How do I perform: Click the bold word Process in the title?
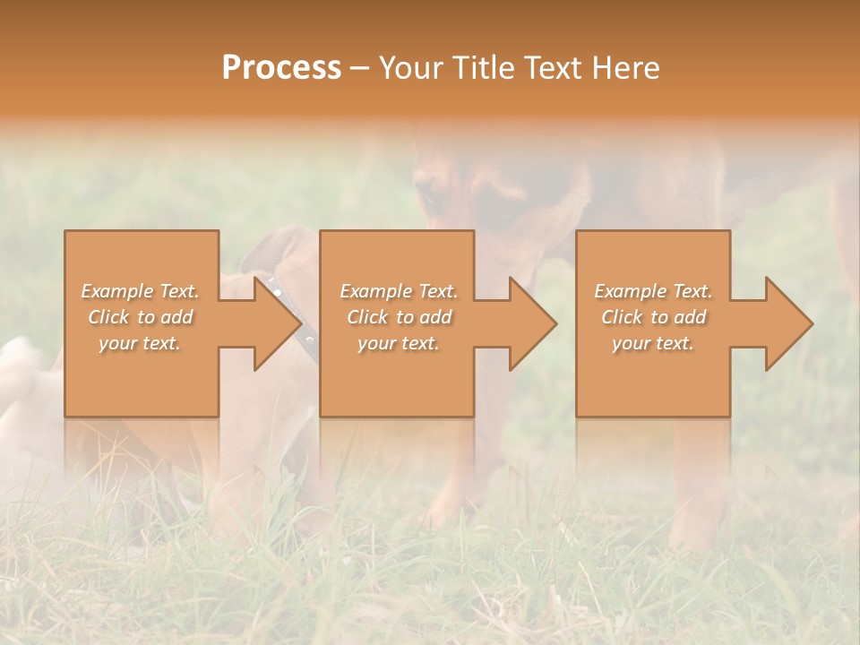(281, 68)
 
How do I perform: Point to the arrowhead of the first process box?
(278, 323)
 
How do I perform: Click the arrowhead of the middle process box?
(533, 323)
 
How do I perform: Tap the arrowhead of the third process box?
(788, 323)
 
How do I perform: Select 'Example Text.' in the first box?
(140, 291)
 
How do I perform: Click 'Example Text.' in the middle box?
(399, 291)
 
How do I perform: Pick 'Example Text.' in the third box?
(653, 291)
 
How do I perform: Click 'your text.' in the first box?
(140, 343)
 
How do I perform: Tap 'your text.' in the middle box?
(399, 343)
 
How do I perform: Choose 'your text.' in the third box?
(653, 343)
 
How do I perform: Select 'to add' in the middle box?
(424, 317)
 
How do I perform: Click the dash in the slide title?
(360, 69)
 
